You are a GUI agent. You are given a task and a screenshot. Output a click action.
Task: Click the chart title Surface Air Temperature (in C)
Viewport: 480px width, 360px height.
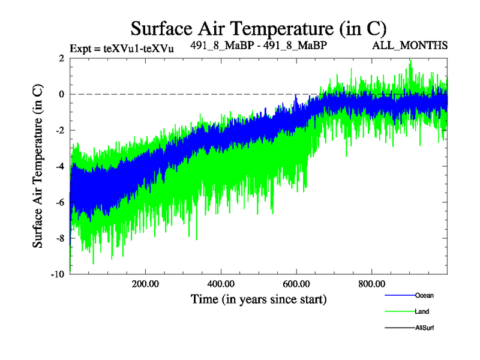pyautogui.click(x=258, y=28)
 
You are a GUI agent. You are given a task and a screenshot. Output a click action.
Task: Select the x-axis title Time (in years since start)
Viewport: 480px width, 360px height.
pyautogui.click(x=258, y=299)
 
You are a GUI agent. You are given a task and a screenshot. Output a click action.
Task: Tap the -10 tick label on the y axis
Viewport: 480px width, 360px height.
pyautogui.click(x=58, y=274)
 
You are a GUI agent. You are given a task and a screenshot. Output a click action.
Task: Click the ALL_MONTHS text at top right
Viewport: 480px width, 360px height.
pyautogui.click(x=410, y=46)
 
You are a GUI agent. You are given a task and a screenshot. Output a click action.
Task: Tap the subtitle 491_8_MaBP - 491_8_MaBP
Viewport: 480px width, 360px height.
pyautogui.click(x=259, y=45)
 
